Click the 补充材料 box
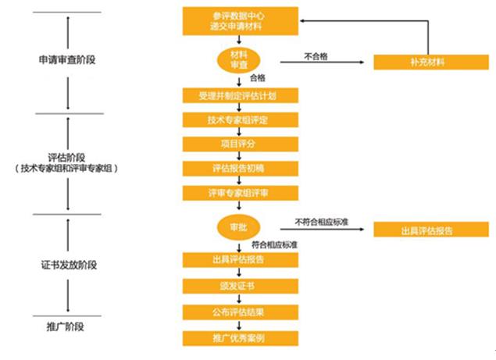(426, 62)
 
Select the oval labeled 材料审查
(239, 60)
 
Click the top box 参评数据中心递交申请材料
(240, 22)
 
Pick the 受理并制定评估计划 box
(240, 96)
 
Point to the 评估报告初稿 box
(240, 168)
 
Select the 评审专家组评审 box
(240, 192)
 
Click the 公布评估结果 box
(240, 312)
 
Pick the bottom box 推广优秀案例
(240, 338)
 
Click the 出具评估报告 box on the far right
(426, 230)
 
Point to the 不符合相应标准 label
(322, 222)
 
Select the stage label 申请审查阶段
(68, 60)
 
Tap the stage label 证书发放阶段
(68, 266)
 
